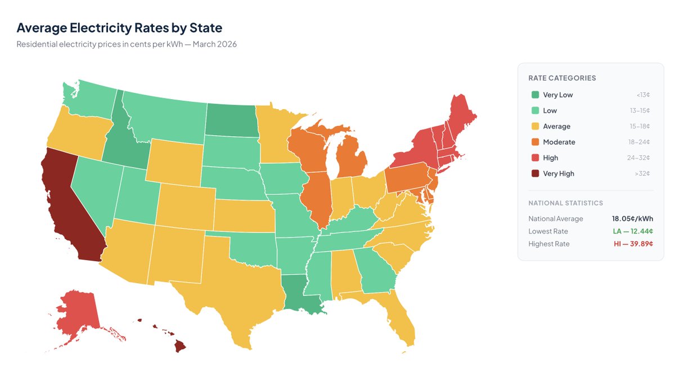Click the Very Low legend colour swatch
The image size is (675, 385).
tap(535, 95)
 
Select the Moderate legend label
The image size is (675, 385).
tap(559, 142)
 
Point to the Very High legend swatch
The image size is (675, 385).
tap(535, 174)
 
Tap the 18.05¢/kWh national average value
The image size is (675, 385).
tap(632, 219)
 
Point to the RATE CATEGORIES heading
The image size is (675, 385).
tap(562, 78)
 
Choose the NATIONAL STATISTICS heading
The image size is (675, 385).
tap(565, 203)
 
